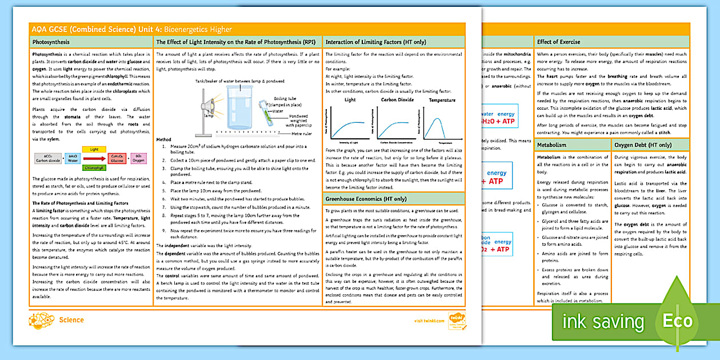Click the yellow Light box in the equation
pos(94,149)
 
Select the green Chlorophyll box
pos(94,168)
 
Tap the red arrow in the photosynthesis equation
pos(94,158)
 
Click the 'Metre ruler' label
pos(302,134)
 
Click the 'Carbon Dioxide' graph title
pos(397,100)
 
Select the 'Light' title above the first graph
pos(350,100)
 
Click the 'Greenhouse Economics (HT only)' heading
pos(366,199)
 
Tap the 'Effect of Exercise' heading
pos(559,42)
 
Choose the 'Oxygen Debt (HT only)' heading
pos(643,145)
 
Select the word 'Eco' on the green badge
pos(677,321)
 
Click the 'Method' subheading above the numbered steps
pos(163,139)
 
